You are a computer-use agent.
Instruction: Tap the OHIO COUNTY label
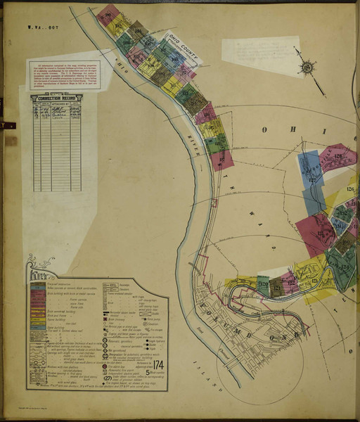point(181,44)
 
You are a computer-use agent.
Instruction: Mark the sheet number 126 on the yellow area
point(351,188)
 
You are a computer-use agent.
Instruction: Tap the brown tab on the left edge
point(9,141)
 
